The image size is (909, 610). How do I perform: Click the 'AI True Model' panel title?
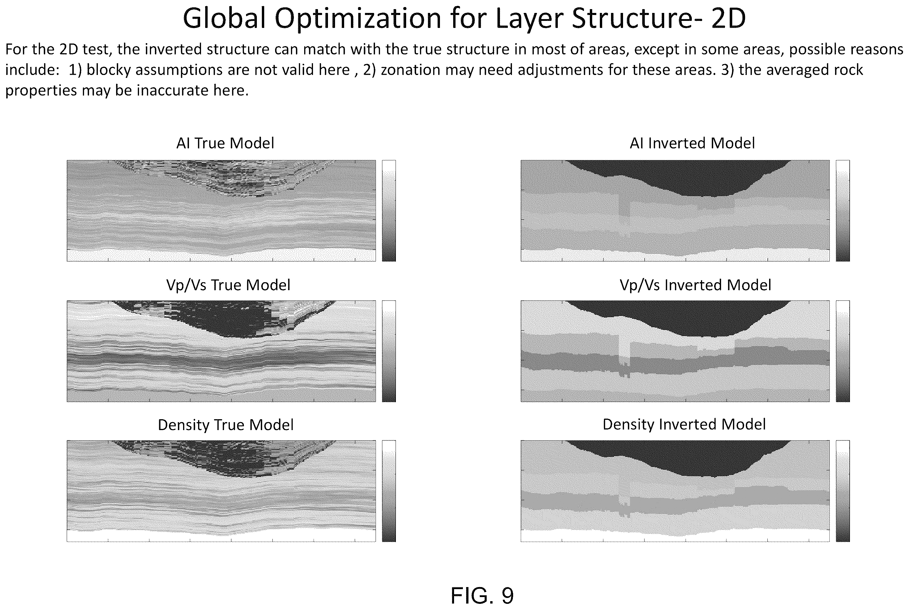pos(225,143)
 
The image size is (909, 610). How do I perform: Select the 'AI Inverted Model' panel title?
pos(692,143)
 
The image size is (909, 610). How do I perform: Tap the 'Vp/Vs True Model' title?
pos(228,285)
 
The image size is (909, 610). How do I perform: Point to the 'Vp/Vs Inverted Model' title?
pos(695,285)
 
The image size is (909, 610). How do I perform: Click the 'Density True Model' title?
pos(225,425)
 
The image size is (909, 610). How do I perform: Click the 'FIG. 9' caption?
pos(482,595)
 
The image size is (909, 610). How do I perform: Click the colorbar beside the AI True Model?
pos(389,210)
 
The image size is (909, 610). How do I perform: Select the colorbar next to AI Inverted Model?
pos(843,210)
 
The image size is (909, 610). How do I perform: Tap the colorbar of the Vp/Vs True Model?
pos(389,351)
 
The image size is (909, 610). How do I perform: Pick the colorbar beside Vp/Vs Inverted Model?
pos(843,351)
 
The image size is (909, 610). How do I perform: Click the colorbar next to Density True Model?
pos(389,491)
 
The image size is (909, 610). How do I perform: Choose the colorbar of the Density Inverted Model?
pos(843,491)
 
